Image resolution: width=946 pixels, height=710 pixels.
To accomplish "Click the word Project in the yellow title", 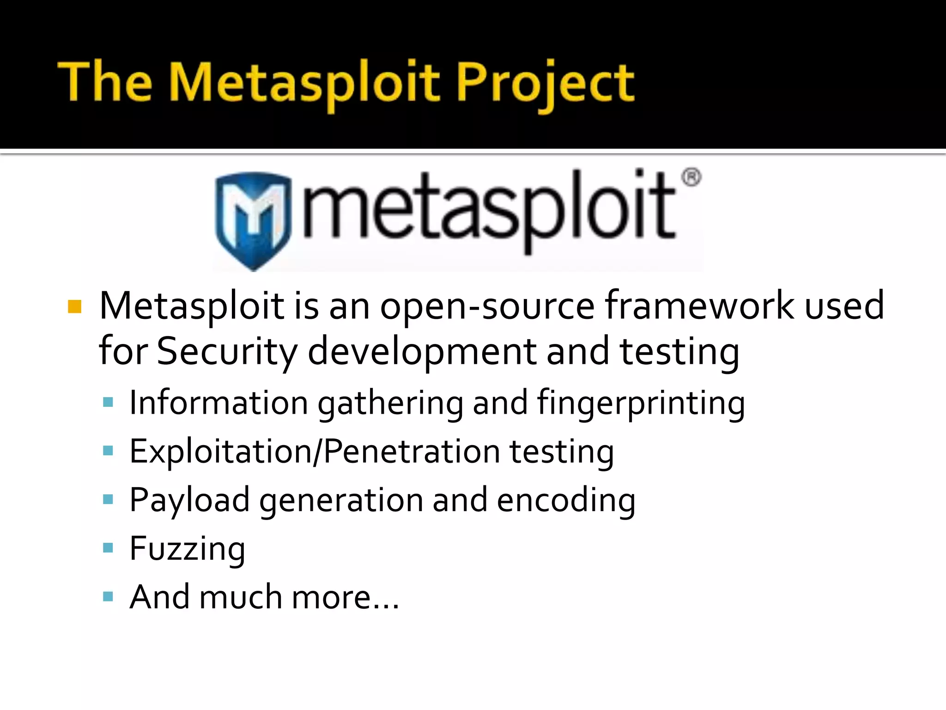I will point(545,83).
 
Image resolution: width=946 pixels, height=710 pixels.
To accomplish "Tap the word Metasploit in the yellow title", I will point(305,83).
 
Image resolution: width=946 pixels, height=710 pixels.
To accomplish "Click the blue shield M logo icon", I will point(253,220).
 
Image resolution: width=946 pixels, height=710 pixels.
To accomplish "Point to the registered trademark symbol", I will point(691,178).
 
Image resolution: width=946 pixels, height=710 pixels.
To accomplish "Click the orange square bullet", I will point(74,306).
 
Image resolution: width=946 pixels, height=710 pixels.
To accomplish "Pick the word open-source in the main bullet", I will point(487,306).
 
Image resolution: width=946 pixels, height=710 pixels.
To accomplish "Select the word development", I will point(422,351).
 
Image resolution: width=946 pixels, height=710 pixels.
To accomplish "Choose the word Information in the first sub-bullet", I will point(218,402).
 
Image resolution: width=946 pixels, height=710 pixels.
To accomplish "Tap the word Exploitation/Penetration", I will point(314,451).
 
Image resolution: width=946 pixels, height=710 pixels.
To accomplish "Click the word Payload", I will point(189,500).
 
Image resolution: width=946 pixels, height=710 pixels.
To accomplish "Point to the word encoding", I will point(566,500).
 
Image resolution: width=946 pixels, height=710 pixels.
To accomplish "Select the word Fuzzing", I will point(187,549).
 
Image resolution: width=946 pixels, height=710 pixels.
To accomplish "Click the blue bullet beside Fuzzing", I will point(108,548).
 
